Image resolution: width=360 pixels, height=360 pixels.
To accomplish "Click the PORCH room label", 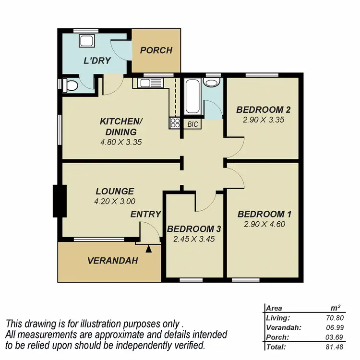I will tap(156, 50).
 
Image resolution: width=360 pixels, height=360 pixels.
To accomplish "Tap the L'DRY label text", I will tap(98, 61).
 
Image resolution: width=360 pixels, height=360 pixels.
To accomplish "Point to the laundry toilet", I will tap(70, 86).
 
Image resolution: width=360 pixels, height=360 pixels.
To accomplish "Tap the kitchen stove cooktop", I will tap(174, 123).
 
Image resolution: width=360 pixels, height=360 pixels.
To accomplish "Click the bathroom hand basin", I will tap(211, 83).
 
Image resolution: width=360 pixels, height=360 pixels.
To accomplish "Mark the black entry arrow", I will tap(148, 249).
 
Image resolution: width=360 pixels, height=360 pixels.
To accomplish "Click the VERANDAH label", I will tap(113, 261).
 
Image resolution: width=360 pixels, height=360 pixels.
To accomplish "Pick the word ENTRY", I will tap(146, 215).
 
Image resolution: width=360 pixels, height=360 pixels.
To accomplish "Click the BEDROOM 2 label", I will tap(263, 110).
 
